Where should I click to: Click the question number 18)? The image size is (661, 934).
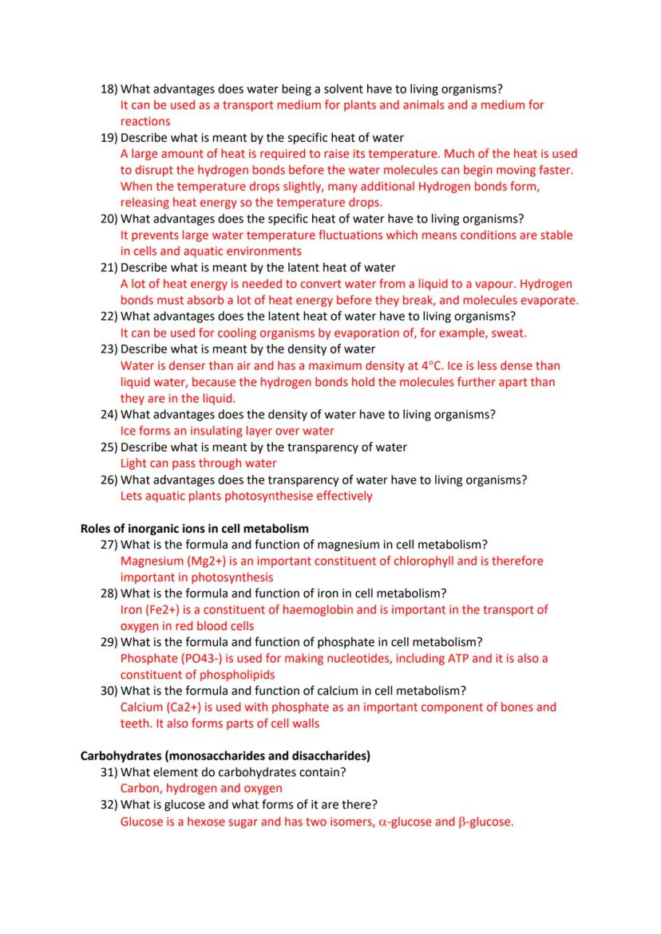click(109, 89)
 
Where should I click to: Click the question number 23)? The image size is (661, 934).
click(109, 349)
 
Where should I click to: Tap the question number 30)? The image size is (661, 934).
click(109, 691)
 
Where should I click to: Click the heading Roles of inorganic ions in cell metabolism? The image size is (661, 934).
click(195, 528)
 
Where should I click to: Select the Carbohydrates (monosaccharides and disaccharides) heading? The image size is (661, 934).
click(225, 755)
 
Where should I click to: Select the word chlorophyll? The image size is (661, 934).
click(424, 561)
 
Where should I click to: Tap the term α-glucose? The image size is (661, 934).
click(404, 822)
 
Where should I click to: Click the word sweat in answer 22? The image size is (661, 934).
click(508, 333)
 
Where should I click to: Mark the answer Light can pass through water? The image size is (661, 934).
click(199, 463)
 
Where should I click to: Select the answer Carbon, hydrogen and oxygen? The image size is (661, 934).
click(201, 788)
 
